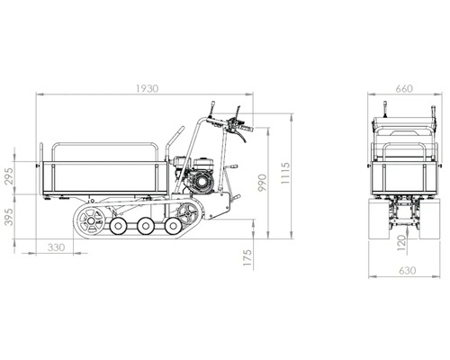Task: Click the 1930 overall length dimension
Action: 147,88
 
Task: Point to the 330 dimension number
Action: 56,246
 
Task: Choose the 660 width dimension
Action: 403,88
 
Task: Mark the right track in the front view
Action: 429,216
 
